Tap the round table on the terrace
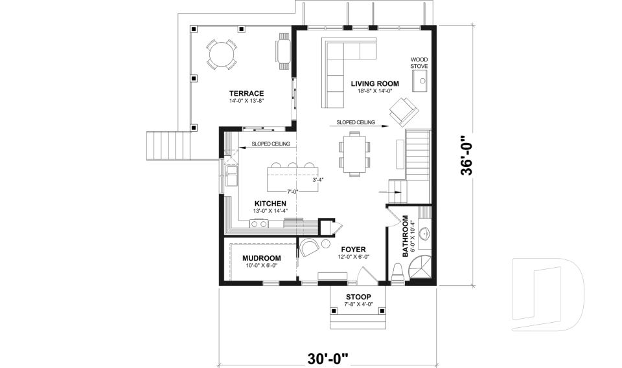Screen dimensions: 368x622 pos(221,54)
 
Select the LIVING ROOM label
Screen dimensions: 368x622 pos(374,83)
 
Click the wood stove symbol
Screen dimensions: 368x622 pos(420,81)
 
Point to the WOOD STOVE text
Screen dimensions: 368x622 pos(419,62)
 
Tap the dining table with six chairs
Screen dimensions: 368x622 pos(354,153)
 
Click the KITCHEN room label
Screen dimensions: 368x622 pos(270,203)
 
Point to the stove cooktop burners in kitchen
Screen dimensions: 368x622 pos(259,224)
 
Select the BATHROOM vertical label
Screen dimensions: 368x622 pos(406,236)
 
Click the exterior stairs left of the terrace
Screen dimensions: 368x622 pos(167,146)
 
